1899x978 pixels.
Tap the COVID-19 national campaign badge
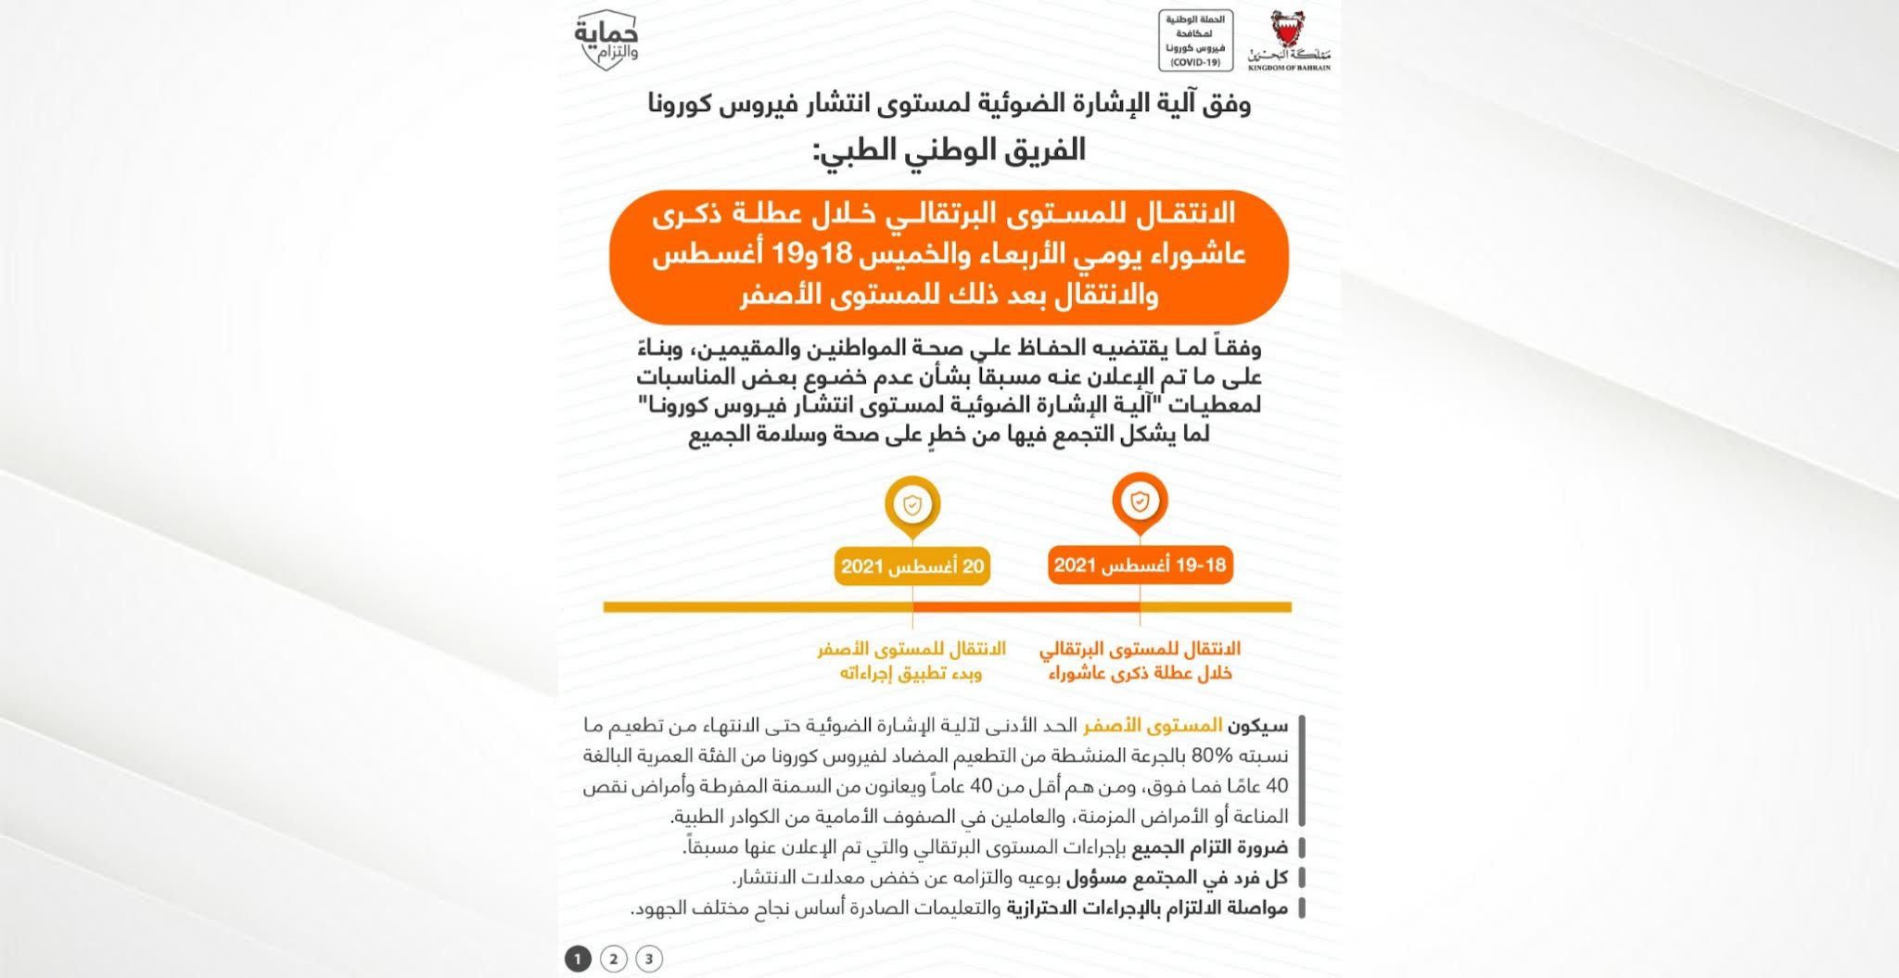pyautogui.click(x=1195, y=40)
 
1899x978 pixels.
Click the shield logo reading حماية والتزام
pyautogui.click(x=606, y=40)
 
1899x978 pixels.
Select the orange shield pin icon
pyautogui.click(x=1140, y=502)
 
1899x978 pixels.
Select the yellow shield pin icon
pyautogui.click(x=912, y=505)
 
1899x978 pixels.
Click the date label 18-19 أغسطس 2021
pyautogui.click(x=1140, y=565)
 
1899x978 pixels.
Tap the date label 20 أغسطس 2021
pyautogui.click(x=912, y=566)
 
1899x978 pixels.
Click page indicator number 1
pyautogui.click(x=578, y=959)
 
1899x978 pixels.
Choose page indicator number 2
pyautogui.click(x=613, y=959)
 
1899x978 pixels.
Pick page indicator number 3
pyautogui.click(x=649, y=959)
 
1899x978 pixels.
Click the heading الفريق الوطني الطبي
pyautogui.click(x=949, y=150)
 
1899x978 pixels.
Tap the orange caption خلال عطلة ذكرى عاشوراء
pyautogui.click(x=1140, y=674)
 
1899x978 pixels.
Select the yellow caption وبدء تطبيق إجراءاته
pyautogui.click(x=911, y=674)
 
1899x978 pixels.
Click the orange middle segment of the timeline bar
pyautogui.click(x=1026, y=607)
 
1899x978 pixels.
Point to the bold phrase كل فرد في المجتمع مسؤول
pyautogui.click(x=1177, y=878)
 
